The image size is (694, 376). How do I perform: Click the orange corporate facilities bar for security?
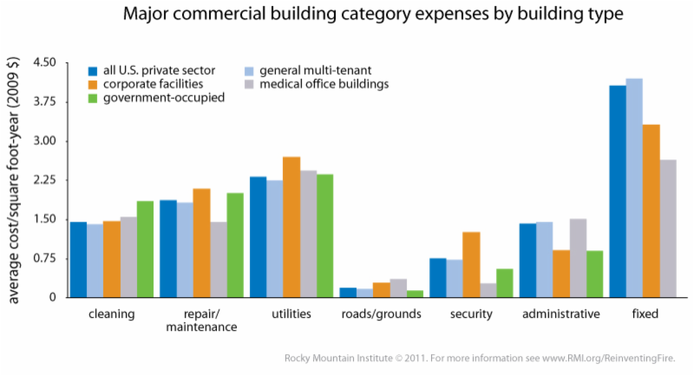coord(471,264)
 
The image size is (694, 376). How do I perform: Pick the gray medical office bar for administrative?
coord(578,258)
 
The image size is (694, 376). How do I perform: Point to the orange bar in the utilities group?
coord(291,227)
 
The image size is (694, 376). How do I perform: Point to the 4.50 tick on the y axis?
coord(43,62)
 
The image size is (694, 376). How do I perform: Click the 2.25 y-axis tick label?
coord(43,180)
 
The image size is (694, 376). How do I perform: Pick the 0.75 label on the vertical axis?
coord(43,258)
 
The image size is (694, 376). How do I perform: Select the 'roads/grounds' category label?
coord(381,314)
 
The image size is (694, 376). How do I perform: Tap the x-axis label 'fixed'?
coord(645,314)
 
